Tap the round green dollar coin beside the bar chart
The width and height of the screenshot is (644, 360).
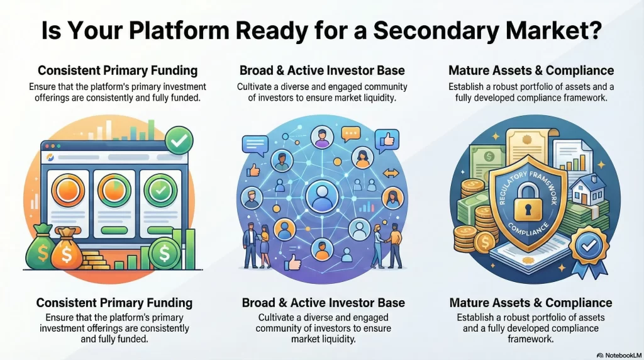point(165,254)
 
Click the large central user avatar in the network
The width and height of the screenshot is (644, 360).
point(322,198)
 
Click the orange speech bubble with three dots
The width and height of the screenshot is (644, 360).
point(350,133)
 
